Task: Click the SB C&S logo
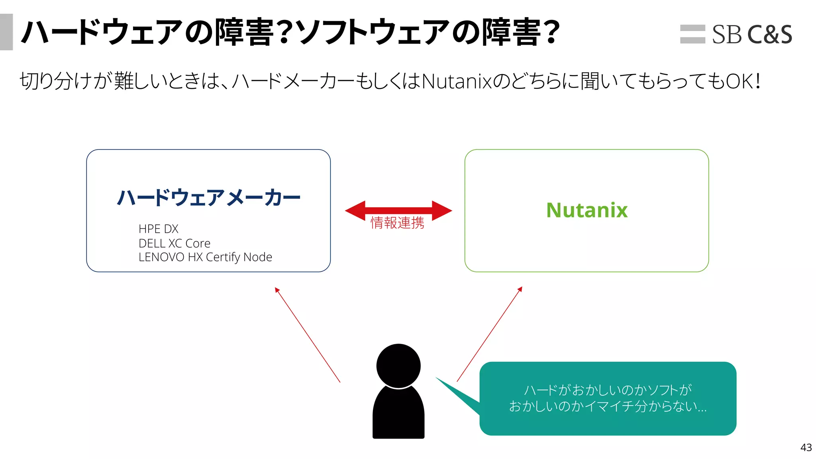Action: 736,34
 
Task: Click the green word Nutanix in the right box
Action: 587,210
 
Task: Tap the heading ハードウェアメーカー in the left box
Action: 208,198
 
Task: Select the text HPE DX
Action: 158,229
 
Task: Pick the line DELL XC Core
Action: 174,243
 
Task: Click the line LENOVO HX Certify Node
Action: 205,257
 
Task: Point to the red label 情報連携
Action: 397,223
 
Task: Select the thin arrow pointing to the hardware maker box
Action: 307,335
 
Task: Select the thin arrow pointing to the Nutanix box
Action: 489,334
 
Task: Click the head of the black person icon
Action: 398,365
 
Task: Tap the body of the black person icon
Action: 398,414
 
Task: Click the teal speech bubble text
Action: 608,398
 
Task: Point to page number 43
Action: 806,447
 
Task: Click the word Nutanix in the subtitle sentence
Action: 457,81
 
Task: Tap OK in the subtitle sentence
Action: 739,81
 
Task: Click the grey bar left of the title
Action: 6,32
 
